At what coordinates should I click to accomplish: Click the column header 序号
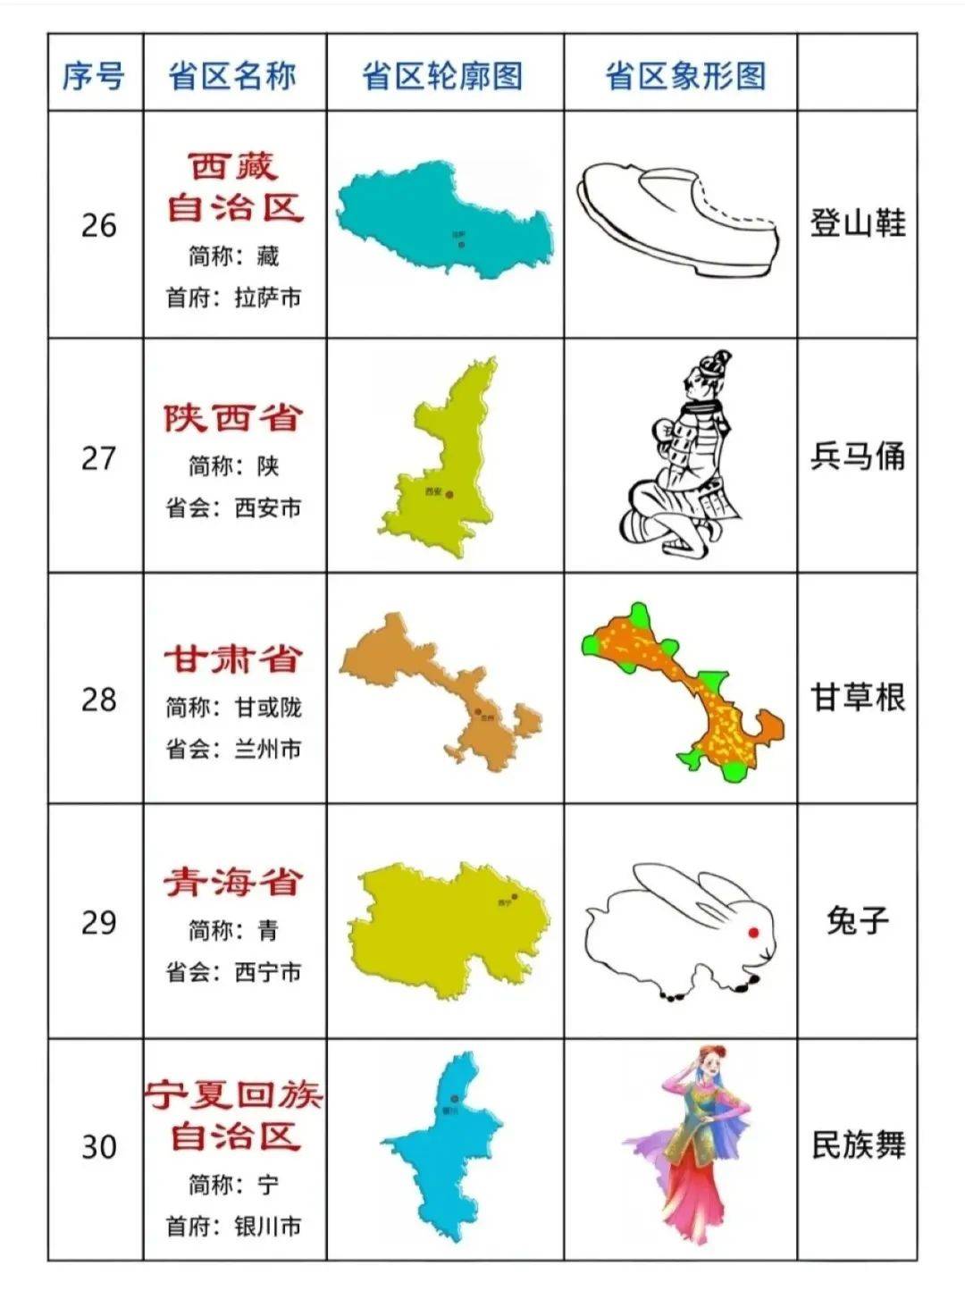coord(93,76)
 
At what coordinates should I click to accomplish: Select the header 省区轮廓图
coord(442,76)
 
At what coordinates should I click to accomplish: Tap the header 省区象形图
coord(685,76)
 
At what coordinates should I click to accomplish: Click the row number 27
coord(98,458)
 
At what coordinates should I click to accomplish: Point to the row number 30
coord(98,1146)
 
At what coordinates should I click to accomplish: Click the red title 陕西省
coord(233,418)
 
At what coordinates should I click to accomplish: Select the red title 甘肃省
coord(233,659)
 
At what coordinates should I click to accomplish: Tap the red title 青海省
coord(233,883)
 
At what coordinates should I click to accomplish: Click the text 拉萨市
coord(268,298)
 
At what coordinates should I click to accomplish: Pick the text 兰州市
coord(268,749)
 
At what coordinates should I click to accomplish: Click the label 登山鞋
coord(858,222)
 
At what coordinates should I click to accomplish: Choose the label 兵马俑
coord(858,457)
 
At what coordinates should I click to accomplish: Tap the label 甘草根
coord(858,697)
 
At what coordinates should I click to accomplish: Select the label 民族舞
coord(858,1144)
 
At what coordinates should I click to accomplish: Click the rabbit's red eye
coord(753,933)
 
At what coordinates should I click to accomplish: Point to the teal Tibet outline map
coord(444,216)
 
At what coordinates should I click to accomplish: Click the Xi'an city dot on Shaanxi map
coord(450,494)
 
